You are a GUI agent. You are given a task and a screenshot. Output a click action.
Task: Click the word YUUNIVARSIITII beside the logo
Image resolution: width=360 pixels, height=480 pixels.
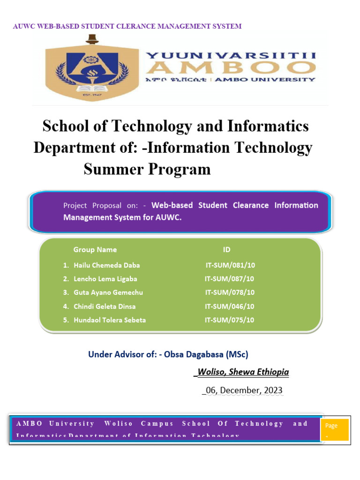point(231,55)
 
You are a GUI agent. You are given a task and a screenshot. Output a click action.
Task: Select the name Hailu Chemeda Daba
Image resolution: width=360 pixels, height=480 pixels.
point(107,265)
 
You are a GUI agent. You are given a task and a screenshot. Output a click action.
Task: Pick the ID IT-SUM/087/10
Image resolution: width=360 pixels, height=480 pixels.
point(230,279)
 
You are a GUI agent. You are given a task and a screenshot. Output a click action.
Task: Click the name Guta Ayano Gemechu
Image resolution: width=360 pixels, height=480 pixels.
point(108,292)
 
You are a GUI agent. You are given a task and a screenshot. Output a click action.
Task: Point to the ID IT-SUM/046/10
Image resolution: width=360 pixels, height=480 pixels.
point(230,307)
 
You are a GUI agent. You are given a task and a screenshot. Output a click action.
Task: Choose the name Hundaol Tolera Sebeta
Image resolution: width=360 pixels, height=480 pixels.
point(110,320)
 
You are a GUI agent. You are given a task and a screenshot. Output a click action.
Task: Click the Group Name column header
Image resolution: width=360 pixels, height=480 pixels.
point(95,250)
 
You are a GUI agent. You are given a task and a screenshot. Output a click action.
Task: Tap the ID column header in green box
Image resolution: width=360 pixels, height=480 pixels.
point(226,250)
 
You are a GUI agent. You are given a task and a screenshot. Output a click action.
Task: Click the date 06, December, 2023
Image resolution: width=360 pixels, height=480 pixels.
point(243,390)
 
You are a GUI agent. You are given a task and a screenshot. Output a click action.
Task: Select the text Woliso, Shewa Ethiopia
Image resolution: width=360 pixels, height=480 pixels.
point(243,372)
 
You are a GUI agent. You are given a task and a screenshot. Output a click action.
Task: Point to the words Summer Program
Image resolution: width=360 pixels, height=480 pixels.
point(147,169)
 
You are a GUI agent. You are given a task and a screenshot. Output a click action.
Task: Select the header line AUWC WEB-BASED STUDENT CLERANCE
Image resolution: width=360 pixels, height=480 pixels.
point(127,26)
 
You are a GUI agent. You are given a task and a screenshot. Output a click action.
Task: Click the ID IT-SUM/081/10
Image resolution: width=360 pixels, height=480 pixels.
point(230,265)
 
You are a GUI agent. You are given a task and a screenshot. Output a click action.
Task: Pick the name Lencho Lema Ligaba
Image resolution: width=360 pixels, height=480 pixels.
point(105,279)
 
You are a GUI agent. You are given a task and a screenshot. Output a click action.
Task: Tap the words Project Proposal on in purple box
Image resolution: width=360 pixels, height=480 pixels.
point(100,205)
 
